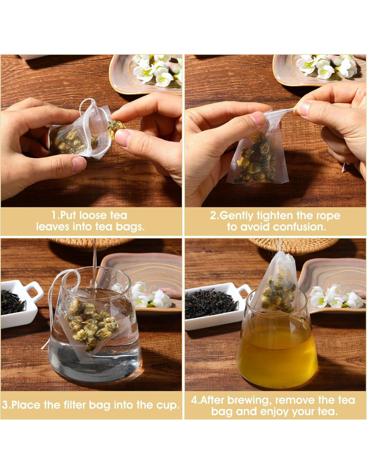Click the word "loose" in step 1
(x=92, y=216)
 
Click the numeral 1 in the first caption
(x=54, y=216)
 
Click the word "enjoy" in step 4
(x=275, y=412)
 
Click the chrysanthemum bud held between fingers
(x=116, y=129)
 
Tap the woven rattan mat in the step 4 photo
(x=294, y=246)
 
